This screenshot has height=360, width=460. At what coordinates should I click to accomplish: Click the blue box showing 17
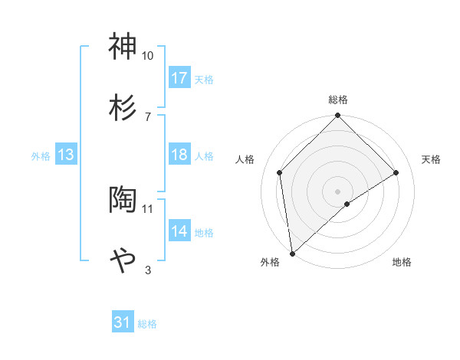(x=179, y=78)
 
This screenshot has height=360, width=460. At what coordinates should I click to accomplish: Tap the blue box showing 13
(x=66, y=155)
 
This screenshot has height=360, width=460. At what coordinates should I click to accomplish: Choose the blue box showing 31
(x=123, y=323)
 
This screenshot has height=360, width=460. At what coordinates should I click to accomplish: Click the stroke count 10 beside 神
(x=148, y=56)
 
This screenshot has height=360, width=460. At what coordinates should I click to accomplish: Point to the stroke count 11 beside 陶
(x=148, y=208)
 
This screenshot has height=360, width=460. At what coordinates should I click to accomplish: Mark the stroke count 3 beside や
(x=148, y=269)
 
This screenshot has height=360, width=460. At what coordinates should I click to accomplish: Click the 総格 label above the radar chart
(x=338, y=100)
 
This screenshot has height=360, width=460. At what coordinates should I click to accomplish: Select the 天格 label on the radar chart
(x=432, y=159)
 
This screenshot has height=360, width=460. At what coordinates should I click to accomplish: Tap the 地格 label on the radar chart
(x=402, y=262)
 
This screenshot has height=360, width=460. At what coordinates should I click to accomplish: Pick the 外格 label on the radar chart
(x=270, y=262)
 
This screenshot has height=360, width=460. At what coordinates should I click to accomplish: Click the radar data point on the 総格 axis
(x=338, y=116)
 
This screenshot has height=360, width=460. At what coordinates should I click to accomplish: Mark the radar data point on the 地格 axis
(x=347, y=204)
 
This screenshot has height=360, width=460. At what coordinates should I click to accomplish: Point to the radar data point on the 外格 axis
(x=292, y=253)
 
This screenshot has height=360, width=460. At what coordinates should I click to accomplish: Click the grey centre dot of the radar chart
(x=338, y=191)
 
